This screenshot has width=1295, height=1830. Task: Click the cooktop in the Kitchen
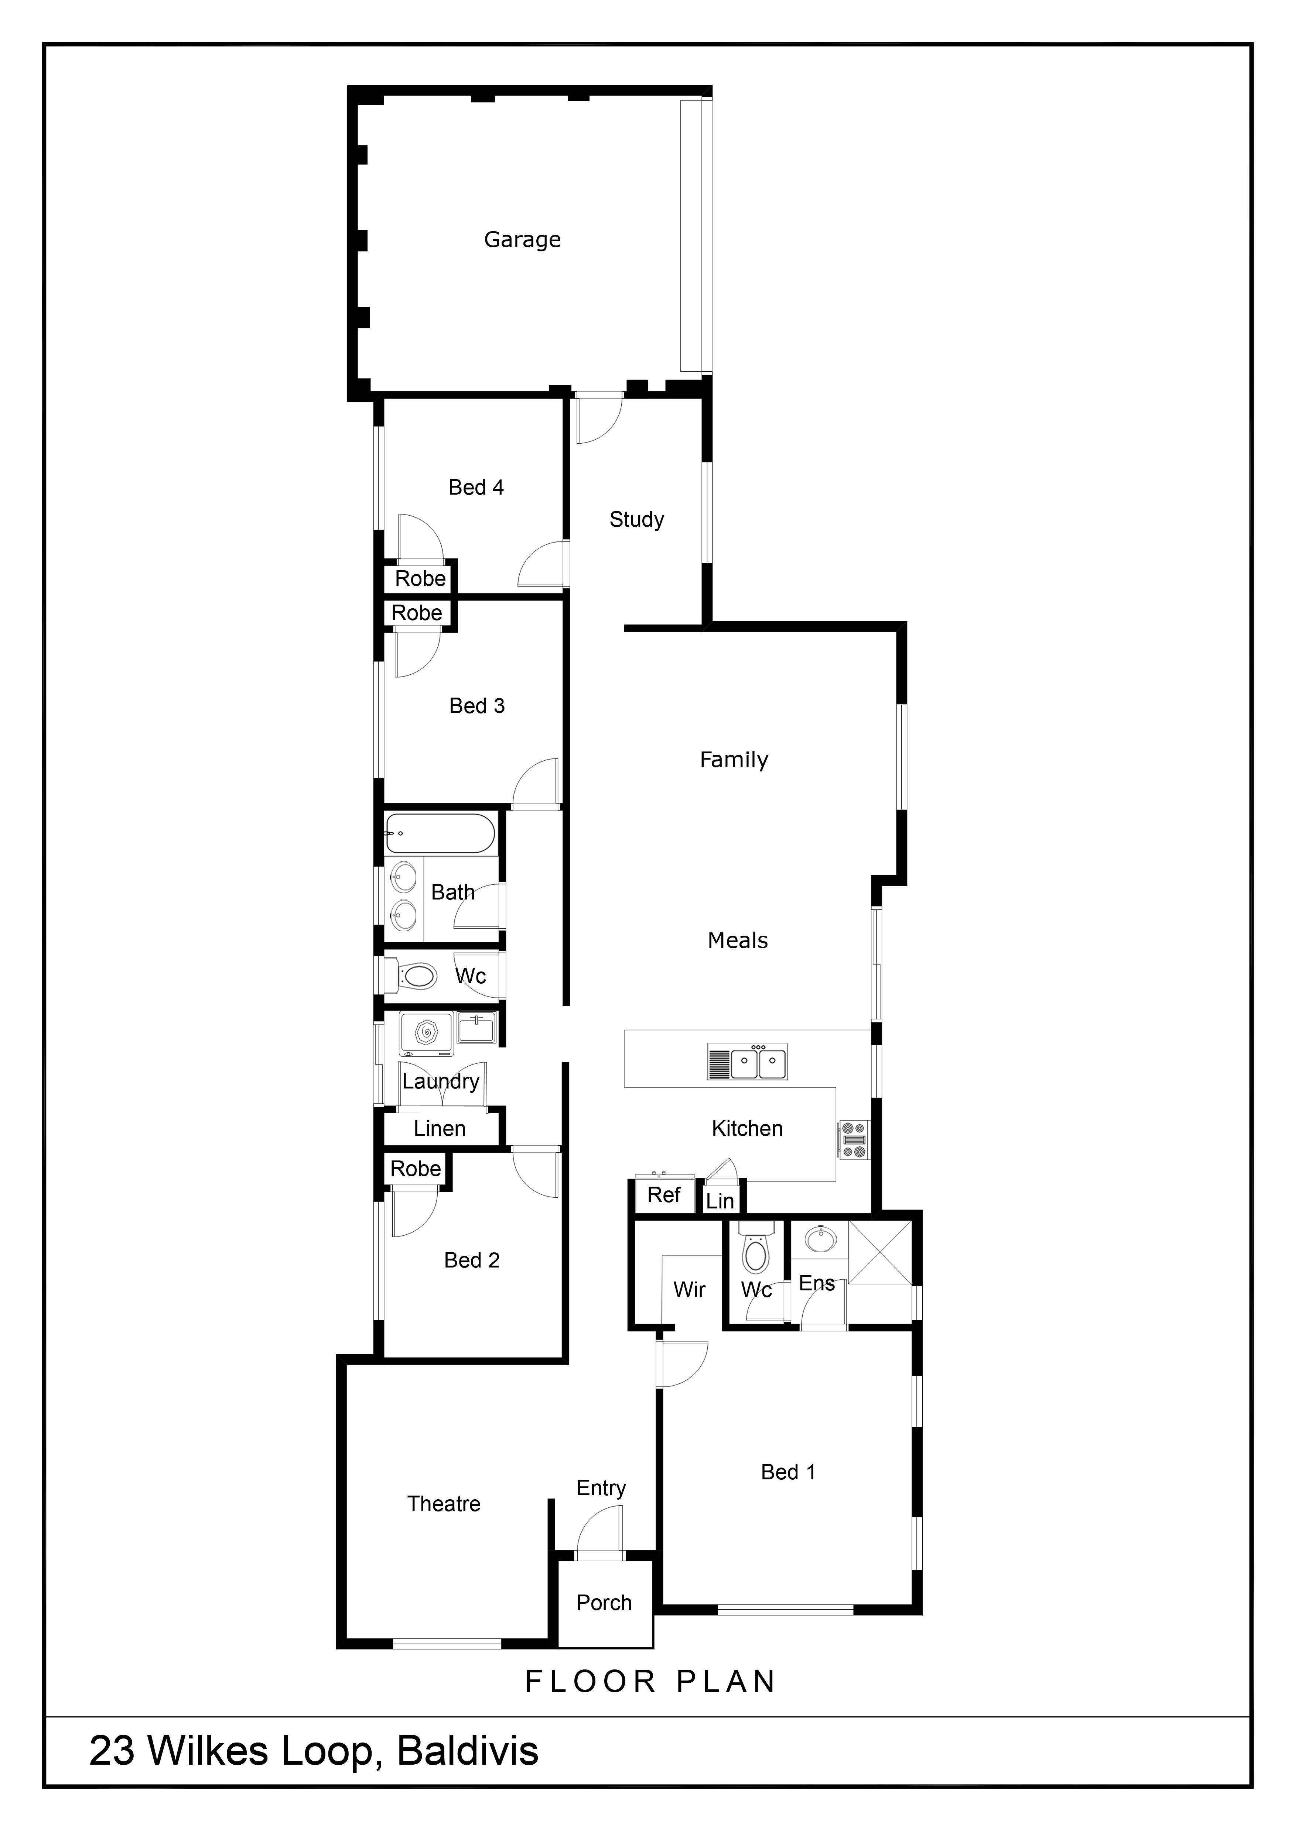click(853, 1140)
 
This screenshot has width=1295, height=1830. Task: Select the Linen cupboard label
click(440, 1129)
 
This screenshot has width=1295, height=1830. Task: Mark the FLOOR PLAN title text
click(650, 1682)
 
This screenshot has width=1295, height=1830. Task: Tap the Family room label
click(734, 760)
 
